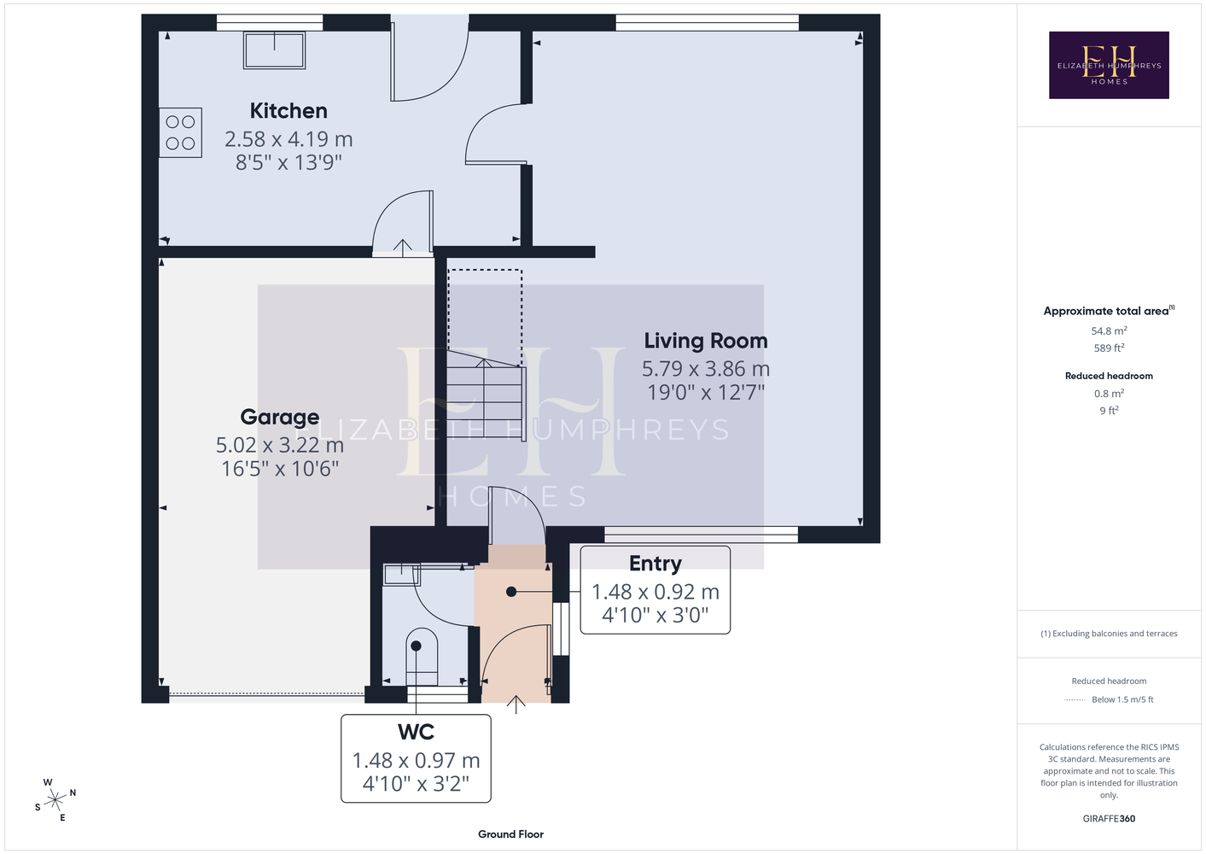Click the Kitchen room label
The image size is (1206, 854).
tap(288, 111)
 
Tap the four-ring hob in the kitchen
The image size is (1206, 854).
tap(180, 132)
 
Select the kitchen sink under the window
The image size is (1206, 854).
tap(275, 50)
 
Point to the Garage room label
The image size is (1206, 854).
tap(279, 417)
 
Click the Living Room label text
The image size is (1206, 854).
tap(706, 341)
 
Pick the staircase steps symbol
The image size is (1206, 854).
tap(486, 396)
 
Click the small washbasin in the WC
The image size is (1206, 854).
tap(402, 575)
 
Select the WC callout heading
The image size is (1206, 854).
tap(416, 732)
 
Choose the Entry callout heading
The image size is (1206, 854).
tap(655, 564)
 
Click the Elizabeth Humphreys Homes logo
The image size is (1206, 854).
tap(1109, 65)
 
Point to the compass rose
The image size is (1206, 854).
tap(55, 799)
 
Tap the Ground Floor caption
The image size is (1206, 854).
tap(510, 834)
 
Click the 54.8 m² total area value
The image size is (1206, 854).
tap(1109, 330)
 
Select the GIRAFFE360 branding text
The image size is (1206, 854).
tap(1109, 818)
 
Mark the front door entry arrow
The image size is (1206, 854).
tap(516, 705)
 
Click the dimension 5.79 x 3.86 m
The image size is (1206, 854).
tap(705, 369)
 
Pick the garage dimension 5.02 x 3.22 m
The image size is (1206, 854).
tap(279, 445)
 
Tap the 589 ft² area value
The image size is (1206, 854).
tap(1109, 348)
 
